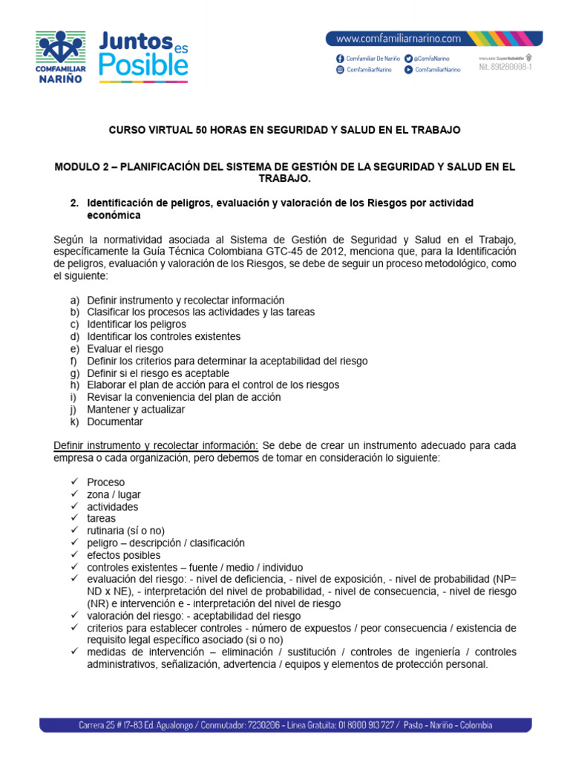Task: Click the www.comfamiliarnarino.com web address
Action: tap(399, 39)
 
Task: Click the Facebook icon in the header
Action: tap(340, 58)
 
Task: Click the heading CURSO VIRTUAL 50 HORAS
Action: tap(285, 130)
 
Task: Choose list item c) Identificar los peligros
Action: tap(136, 324)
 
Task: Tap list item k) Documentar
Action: tap(114, 422)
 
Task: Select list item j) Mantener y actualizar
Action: tap(135, 409)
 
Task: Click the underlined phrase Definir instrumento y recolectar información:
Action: tap(156, 445)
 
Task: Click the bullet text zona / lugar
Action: tap(114, 494)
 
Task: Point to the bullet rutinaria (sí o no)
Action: tap(125, 531)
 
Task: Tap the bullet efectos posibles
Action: tap(123, 555)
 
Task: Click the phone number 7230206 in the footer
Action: tap(259, 724)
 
